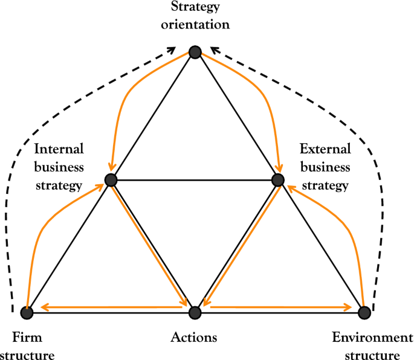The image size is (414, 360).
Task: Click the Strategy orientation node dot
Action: point(195,53)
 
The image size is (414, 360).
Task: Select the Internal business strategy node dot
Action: point(110,180)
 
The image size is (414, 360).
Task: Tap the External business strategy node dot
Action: point(277,180)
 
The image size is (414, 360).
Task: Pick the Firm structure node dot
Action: point(27,312)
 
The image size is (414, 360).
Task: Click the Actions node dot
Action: point(195,312)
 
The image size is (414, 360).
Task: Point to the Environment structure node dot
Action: point(364,312)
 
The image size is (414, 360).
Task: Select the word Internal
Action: point(59,148)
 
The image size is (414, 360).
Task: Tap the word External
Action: point(325,148)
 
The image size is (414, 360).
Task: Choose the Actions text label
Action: point(194,337)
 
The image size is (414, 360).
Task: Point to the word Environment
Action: point(372,337)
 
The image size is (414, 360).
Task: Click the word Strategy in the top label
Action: point(195,8)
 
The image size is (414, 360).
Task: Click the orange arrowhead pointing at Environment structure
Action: point(348,307)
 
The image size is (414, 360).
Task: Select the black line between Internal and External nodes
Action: point(193,180)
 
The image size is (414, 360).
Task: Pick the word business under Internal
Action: point(59,166)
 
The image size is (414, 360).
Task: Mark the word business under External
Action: point(325,166)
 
